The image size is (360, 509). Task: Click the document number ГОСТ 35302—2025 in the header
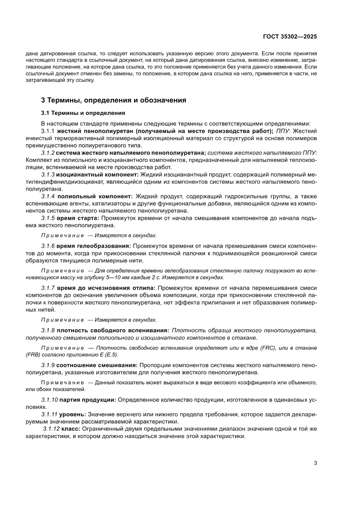point(289,37)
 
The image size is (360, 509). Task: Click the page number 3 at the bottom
point(315,463)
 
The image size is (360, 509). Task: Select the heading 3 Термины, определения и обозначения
point(114,100)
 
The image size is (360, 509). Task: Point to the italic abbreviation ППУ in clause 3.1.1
point(283,131)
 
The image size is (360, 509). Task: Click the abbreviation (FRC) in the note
point(268,348)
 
